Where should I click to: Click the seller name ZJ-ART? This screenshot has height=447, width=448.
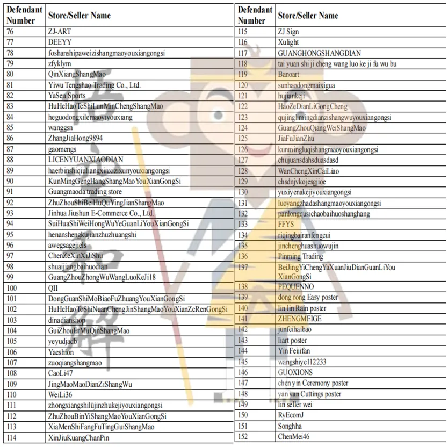click(59, 31)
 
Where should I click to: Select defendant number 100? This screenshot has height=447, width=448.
click(12, 288)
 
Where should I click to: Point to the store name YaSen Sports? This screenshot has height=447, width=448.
click(67, 96)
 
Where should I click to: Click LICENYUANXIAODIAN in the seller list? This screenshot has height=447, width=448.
click(85, 160)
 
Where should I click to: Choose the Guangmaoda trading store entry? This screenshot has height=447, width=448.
click(85, 192)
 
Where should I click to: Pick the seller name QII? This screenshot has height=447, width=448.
click(53, 288)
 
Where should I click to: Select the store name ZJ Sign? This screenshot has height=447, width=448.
click(288, 31)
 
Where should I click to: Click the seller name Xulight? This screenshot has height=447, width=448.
click(288, 42)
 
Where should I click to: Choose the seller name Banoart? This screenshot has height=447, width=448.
click(289, 74)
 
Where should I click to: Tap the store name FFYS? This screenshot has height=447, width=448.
click(286, 224)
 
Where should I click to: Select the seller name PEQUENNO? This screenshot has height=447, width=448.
click(295, 287)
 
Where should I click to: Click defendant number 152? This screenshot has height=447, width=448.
click(243, 436)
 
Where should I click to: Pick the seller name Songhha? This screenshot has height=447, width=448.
click(291, 426)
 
